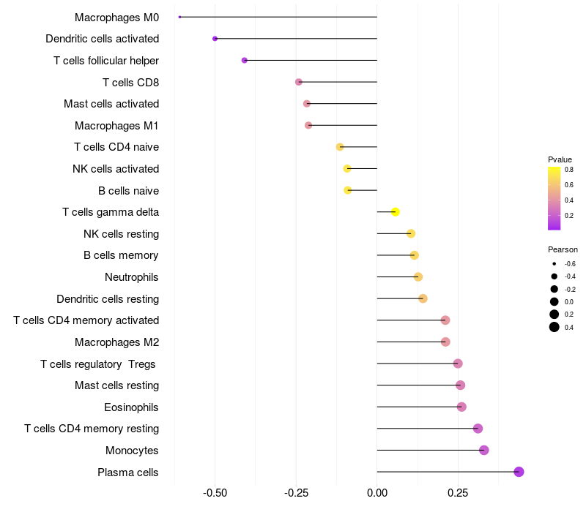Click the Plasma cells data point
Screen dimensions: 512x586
[x=519, y=472]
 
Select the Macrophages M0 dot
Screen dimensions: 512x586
[x=179, y=17]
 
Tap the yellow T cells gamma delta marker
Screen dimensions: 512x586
[x=395, y=212]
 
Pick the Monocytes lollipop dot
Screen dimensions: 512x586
[x=483, y=450]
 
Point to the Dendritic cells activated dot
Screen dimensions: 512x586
[x=215, y=38]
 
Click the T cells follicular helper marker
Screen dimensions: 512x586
[x=245, y=60]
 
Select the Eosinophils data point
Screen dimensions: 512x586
[x=461, y=407]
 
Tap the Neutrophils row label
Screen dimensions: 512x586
[x=132, y=277]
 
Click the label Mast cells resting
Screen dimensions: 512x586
[x=116, y=385]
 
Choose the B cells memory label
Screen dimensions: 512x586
[x=121, y=255]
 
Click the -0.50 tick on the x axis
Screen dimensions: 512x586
[x=215, y=494]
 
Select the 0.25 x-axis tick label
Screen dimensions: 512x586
[x=458, y=494]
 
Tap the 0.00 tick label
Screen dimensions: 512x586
[x=377, y=494]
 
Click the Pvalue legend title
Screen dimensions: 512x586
[x=560, y=159]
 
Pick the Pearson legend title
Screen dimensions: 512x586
[x=563, y=249]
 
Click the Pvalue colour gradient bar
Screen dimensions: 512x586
[x=554, y=198]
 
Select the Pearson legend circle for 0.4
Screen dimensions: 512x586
[x=555, y=327]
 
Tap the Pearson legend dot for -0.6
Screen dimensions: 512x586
[x=555, y=263]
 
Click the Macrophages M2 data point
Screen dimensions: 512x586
[x=445, y=342]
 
